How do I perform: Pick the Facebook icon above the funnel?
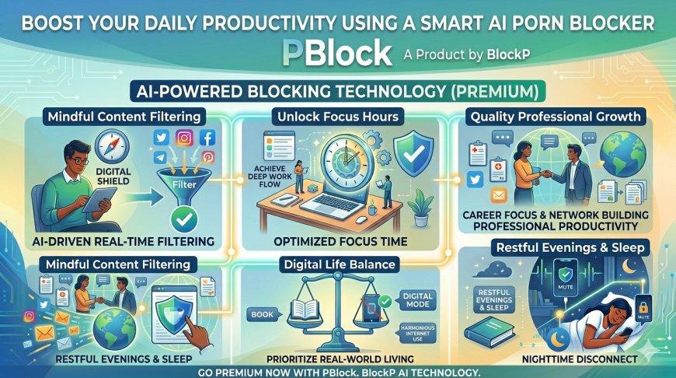pyautogui.click(x=207, y=138)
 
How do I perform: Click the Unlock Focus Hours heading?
pyautogui.click(x=336, y=116)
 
